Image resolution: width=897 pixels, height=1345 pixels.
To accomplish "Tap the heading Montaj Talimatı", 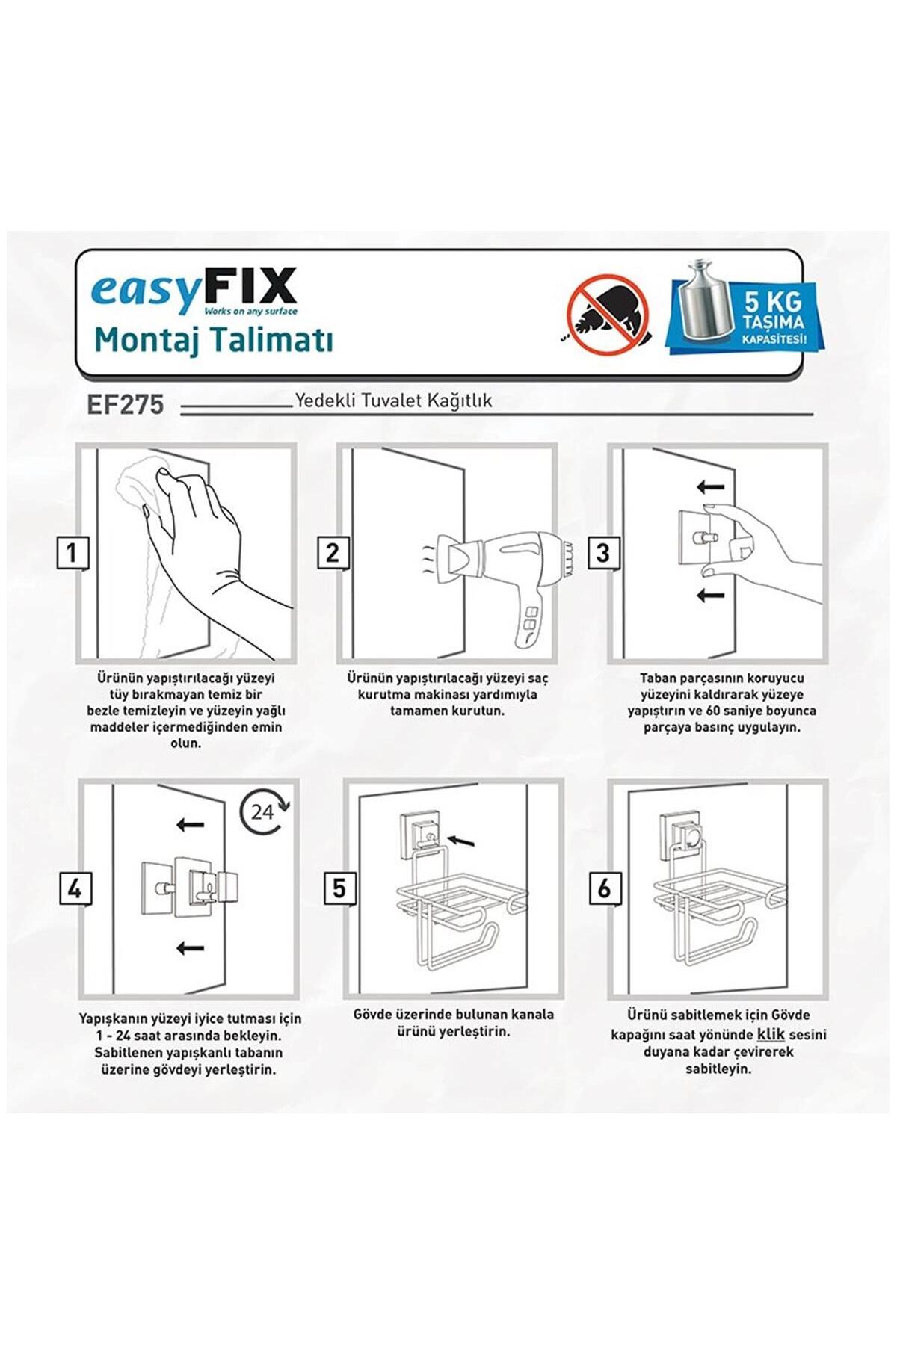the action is (x=214, y=340).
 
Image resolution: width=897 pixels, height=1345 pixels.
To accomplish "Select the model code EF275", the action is (x=125, y=404).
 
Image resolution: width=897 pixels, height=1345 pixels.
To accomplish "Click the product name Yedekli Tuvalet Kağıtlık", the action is (x=394, y=401).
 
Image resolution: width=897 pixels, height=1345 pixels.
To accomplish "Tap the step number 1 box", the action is (x=73, y=554).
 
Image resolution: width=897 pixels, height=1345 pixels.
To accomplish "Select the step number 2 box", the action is (x=333, y=554).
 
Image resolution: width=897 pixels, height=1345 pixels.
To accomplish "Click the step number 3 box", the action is (x=603, y=554).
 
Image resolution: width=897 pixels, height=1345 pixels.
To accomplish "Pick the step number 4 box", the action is (x=75, y=890).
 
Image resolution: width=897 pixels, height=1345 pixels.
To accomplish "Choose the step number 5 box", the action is (x=340, y=888).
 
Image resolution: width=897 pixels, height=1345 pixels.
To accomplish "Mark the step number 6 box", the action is (x=604, y=888).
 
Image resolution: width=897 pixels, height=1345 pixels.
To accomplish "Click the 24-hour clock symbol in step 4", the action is (x=265, y=811).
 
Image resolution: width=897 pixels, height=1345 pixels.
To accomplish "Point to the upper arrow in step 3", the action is (x=710, y=488).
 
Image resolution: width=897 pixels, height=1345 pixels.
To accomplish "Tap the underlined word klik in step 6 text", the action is (x=771, y=1035).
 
